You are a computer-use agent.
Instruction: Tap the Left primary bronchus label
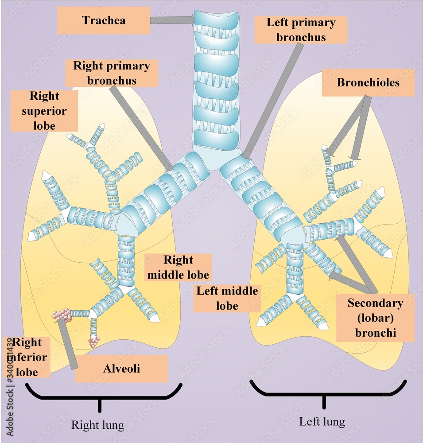coord(301,30)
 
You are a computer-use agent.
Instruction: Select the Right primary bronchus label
coord(111,74)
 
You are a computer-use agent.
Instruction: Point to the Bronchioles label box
coord(368,83)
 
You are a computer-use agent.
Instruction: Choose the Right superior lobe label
coord(44,111)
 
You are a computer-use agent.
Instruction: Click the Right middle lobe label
coord(178,267)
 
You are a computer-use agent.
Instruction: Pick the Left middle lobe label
coord(227,298)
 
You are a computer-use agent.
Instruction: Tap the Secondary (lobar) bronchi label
coord(376,318)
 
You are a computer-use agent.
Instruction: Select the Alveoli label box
coord(121,369)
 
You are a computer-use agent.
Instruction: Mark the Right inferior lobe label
coord(27,357)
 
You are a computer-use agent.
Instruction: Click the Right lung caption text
coord(98,425)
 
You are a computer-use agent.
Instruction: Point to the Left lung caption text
coord(322,421)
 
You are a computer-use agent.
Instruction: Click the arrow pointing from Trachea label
coord(172,19)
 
